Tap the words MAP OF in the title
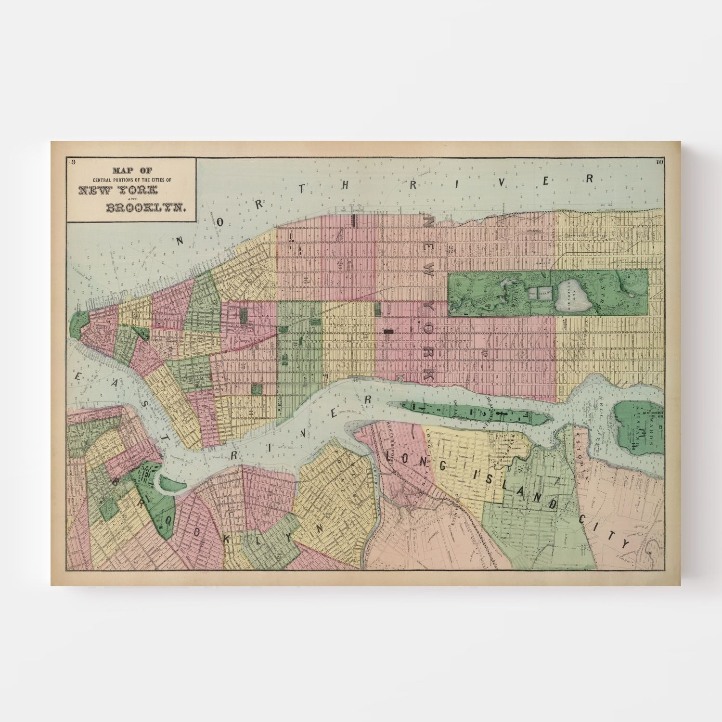coord(130,170)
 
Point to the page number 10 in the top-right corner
coord(659,162)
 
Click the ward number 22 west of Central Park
coord(451,249)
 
